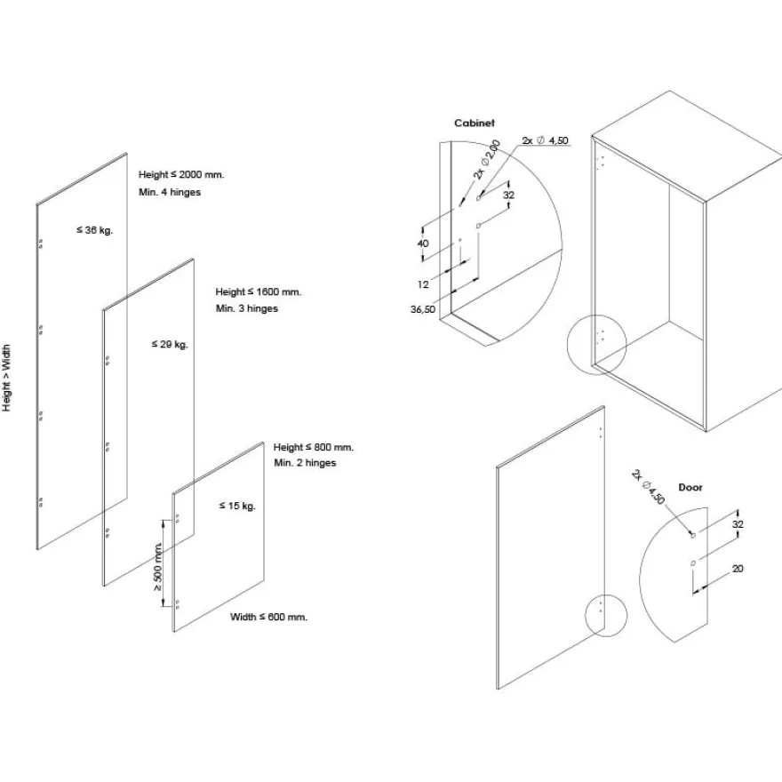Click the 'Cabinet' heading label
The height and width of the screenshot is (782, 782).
[475, 123]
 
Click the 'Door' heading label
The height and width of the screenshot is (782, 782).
[690, 487]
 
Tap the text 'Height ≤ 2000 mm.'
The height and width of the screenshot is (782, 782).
[181, 174]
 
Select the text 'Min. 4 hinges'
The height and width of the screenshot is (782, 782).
[170, 192]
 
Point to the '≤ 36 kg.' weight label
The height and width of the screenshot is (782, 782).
[94, 230]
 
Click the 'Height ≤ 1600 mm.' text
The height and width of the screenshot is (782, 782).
[259, 291]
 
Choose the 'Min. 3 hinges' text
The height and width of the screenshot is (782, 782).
[247, 308]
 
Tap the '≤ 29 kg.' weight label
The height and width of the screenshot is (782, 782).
[170, 344]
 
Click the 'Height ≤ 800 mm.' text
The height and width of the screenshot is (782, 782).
[313, 447]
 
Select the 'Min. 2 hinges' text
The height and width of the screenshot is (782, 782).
[305, 463]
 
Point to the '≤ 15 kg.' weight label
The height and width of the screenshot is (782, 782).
[237, 506]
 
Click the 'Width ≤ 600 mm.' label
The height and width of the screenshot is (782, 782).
[268, 617]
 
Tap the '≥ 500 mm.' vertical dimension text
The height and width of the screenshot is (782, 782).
[157, 567]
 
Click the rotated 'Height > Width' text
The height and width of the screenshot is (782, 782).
[6, 378]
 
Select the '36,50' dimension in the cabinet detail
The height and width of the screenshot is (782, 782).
[423, 309]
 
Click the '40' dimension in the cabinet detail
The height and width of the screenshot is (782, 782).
[422, 243]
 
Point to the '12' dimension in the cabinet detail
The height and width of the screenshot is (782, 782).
[423, 284]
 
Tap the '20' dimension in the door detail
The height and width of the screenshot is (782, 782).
[738, 569]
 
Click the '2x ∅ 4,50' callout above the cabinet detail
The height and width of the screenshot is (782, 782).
[545, 140]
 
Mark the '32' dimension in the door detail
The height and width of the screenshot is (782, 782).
[738, 524]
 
